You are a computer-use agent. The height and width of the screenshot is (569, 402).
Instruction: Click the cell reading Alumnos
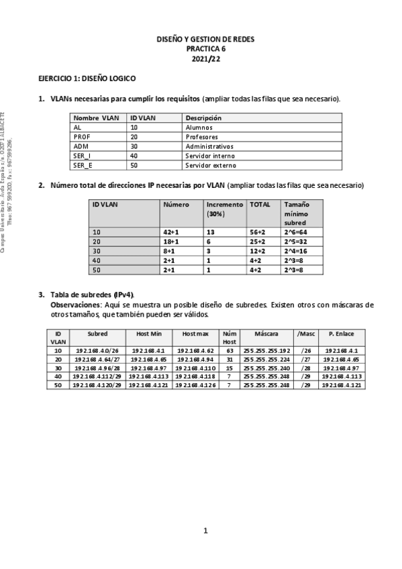[199, 127]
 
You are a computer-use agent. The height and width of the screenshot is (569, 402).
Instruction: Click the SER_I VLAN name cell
[83, 155]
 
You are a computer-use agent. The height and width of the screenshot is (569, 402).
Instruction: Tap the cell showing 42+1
[171, 231]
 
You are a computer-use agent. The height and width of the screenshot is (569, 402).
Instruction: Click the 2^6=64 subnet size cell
[295, 231]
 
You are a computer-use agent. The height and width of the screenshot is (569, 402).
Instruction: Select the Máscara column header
[266, 333]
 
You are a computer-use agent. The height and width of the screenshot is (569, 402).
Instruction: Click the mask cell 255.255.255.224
[266, 360]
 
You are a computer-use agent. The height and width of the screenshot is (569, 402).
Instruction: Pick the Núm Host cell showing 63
[229, 351]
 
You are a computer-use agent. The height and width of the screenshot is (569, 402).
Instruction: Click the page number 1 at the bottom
[207, 531]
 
